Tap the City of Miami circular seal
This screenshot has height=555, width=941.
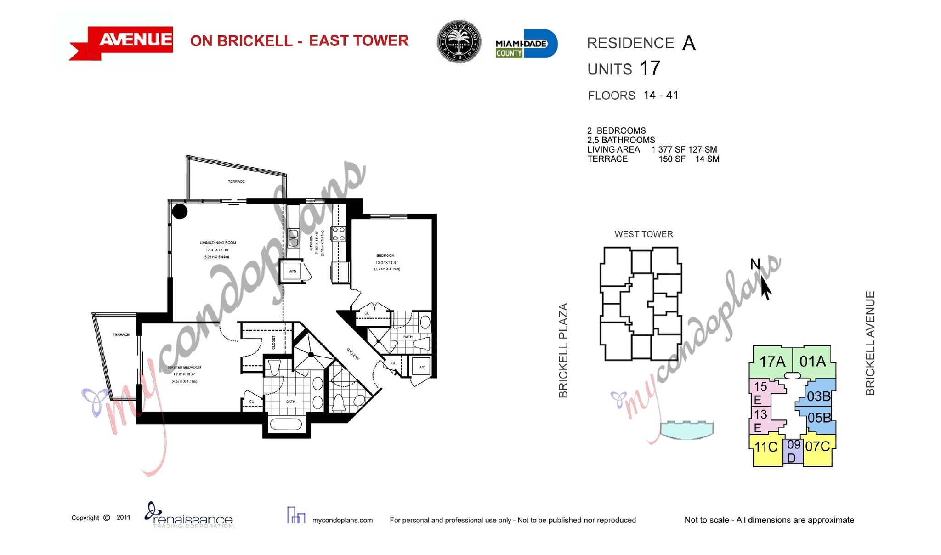click(458, 42)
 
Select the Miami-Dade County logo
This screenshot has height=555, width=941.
click(526, 44)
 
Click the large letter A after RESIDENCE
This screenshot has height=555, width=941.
click(688, 44)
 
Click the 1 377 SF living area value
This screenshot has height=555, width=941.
click(668, 149)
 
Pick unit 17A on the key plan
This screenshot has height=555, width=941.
click(772, 362)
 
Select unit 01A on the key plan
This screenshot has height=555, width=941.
click(812, 362)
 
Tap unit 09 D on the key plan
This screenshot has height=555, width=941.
click(793, 451)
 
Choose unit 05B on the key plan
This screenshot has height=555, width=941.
click(819, 418)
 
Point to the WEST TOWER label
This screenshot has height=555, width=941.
click(643, 234)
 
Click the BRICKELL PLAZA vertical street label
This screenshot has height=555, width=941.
click(563, 350)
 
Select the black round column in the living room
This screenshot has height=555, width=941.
click(180, 211)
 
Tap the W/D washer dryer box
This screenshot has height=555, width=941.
click(292, 272)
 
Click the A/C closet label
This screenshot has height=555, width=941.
click(422, 367)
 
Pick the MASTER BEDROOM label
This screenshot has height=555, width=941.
click(184, 368)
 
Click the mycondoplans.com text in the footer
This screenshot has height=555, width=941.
click(342, 520)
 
